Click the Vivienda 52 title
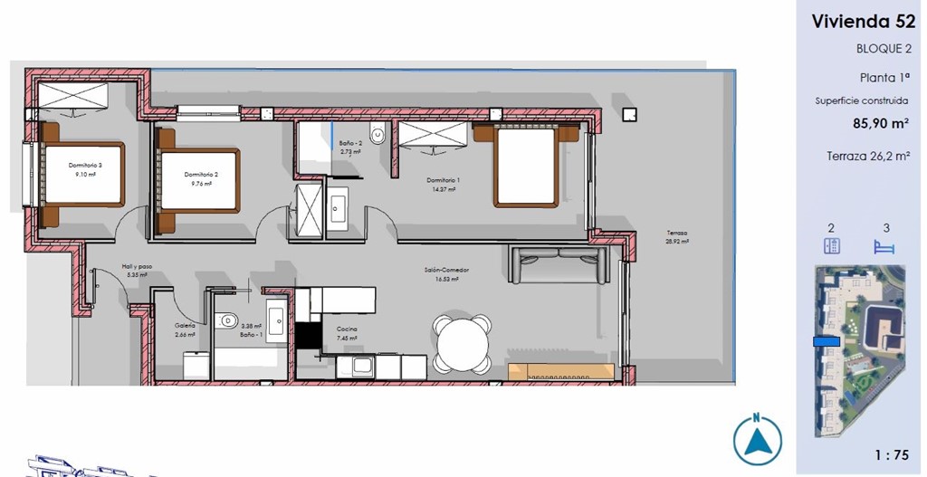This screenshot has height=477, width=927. pyautogui.click(x=863, y=22)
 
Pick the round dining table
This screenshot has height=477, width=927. pyautogui.click(x=462, y=343)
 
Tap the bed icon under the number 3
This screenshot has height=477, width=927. pyautogui.click(x=883, y=246)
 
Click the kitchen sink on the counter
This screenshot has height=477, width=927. pyautogui.click(x=365, y=367)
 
